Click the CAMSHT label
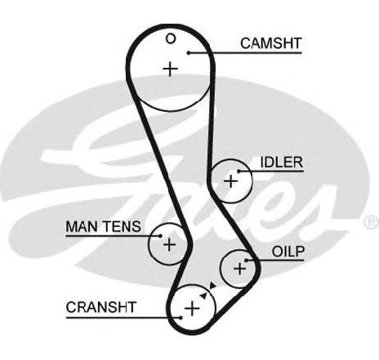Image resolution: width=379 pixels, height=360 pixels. [x=271, y=43]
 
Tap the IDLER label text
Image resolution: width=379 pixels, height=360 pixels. [x=282, y=162]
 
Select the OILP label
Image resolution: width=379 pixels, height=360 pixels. [x=288, y=251]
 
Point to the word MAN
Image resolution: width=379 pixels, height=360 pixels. [x=82, y=226]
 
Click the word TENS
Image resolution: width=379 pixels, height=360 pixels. [x=122, y=226]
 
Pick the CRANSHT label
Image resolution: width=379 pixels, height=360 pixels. [x=101, y=307]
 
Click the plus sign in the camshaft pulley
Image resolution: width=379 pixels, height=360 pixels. [x=171, y=69]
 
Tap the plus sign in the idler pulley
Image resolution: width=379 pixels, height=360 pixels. [x=230, y=181]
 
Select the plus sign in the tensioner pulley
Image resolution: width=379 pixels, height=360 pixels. [x=169, y=244]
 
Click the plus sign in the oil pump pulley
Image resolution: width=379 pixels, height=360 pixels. [x=240, y=269]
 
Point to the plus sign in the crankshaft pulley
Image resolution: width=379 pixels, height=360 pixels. [x=192, y=309]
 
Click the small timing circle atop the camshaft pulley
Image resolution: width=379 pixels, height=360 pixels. [x=171, y=39]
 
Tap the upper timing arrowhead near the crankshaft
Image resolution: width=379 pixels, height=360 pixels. [x=212, y=285]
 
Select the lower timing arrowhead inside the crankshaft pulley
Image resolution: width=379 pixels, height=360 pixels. [x=203, y=296]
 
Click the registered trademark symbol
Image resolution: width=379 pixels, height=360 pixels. [x=371, y=221]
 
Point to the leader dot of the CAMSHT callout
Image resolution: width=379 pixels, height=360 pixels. [x=189, y=53]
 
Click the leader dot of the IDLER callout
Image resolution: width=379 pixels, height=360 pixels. [x=239, y=171]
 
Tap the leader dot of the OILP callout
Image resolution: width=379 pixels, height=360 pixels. [x=246, y=260]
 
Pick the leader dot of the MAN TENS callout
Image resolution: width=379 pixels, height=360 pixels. [x=161, y=236]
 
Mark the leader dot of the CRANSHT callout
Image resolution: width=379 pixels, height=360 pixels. [x=181, y=318]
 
